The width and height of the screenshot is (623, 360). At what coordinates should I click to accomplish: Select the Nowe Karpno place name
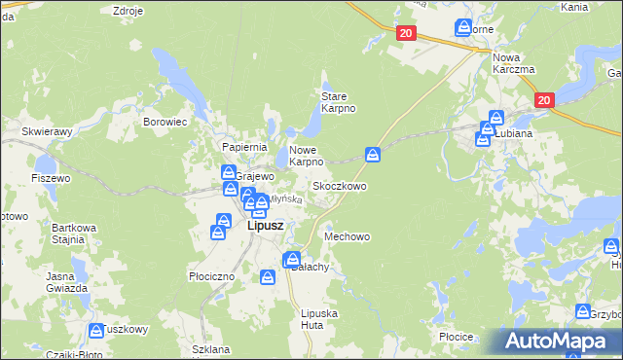pyautogui.click(x=306, y=156)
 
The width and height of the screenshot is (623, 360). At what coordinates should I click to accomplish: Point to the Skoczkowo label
pyautogui.click(x=339, y=185)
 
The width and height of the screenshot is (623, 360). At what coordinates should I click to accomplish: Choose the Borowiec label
pyautogui.click(x=165, y=123)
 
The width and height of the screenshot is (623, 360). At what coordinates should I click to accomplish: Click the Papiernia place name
pyautogui.click(x=244, y=147)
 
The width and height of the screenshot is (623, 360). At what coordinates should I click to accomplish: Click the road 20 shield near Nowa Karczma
pyautogui.click(x=544, y=100)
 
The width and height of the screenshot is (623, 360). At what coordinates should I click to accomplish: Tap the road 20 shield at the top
pyautogui.click(x=407, y=33)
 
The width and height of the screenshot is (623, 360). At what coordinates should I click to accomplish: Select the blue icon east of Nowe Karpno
pyautogui.click(x=373, y=154)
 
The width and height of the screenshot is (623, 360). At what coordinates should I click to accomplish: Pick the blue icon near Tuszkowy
pyautogui.click(x=96, y=331)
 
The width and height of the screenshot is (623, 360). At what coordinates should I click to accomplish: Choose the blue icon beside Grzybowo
pyautogui.click(x=583, y=311)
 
